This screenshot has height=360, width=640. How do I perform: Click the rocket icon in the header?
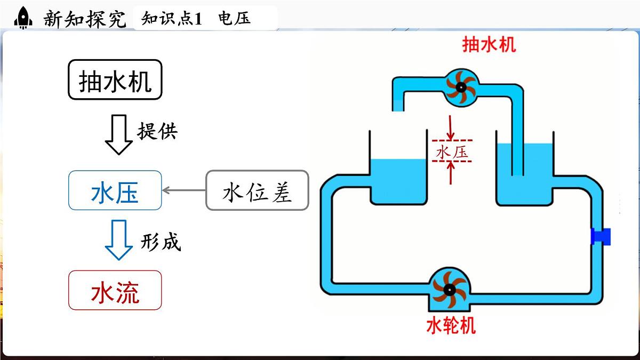click(22, 18)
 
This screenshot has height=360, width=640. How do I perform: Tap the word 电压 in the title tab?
click(234, 19)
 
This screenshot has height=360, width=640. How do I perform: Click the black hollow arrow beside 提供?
click(118, 134)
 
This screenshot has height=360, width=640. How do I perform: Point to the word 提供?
click(157, 131)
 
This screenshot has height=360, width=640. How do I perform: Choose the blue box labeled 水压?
click(115, 190)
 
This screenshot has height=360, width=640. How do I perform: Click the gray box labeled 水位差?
click(257, 190)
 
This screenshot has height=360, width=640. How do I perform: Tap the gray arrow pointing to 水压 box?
click(183, 190)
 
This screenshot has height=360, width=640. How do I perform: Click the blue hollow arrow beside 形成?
click(118, 240)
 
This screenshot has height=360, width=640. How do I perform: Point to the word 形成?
click(161, 242)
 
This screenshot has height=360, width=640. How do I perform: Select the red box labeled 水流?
click(115, 290)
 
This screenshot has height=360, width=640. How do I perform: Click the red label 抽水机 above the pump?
click(489, 44)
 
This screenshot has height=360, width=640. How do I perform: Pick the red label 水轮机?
click(451, 325)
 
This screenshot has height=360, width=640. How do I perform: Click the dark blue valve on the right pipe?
click(601, 236)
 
